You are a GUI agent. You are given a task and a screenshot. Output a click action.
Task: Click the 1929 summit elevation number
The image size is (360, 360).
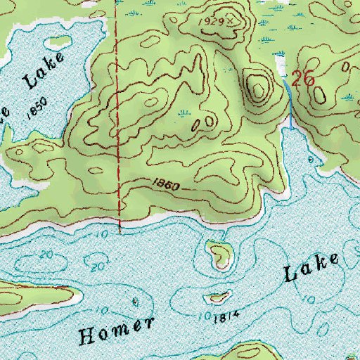(214, 22)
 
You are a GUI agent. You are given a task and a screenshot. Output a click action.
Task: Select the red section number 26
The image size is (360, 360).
(302, 79)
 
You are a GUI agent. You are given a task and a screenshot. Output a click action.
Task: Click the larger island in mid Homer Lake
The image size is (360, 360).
(220, 253)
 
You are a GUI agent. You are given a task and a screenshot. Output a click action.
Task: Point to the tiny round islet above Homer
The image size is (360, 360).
(134, 301)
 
